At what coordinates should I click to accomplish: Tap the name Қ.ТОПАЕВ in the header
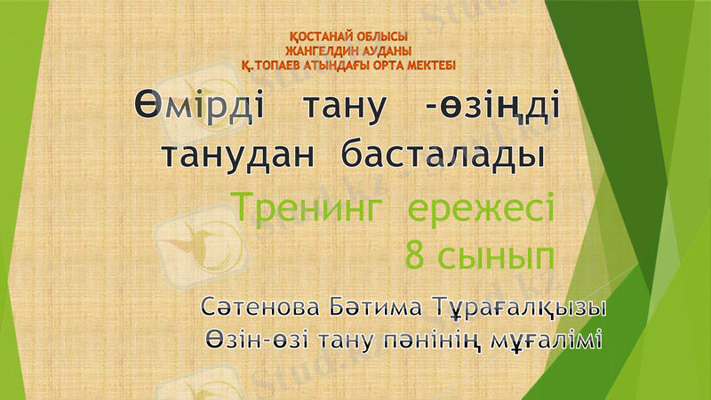coord(275,64)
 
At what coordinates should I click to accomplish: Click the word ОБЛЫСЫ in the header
coord(382,36)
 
